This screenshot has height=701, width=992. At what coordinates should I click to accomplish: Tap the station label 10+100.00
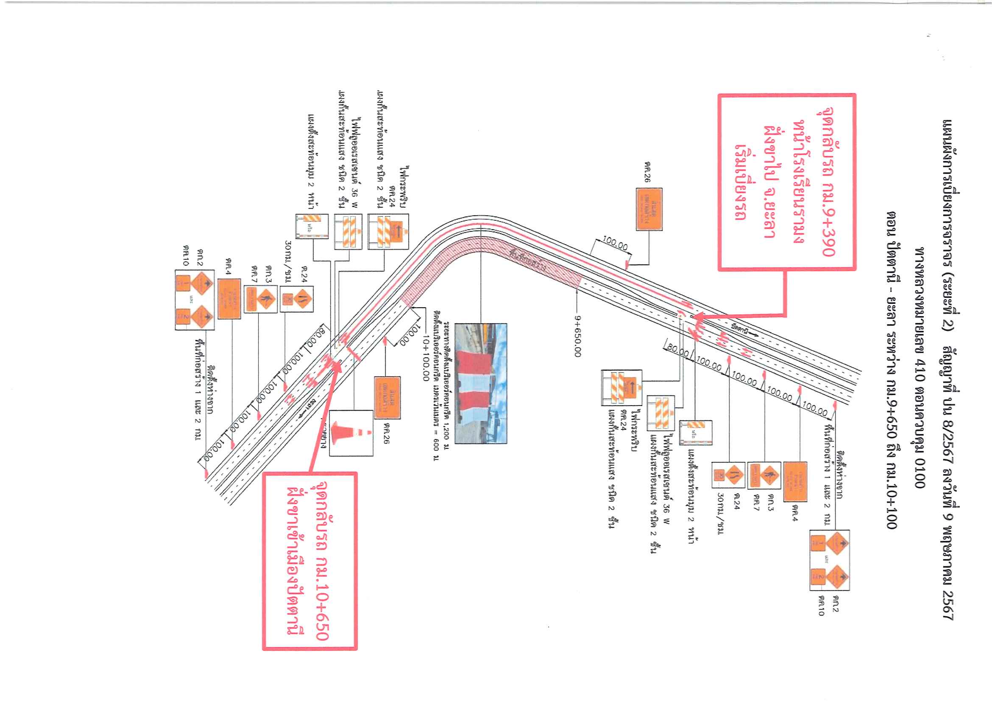(426, 358)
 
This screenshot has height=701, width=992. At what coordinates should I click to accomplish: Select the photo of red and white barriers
(480, 384)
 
